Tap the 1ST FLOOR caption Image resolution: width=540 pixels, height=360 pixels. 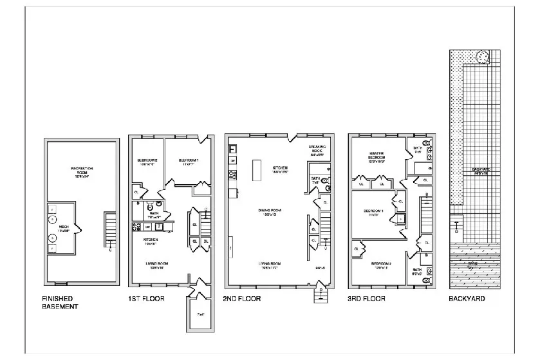(x=146, y=299)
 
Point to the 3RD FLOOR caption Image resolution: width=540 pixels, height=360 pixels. (x=366, y=299)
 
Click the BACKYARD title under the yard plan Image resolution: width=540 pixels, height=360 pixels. (x=467, y=299)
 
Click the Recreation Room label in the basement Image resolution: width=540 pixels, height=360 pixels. (x=82, y=171)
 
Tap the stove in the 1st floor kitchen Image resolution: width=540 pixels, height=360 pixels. (x=136, y=226)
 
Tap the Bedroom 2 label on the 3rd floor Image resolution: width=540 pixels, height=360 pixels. (x=380, y=265)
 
